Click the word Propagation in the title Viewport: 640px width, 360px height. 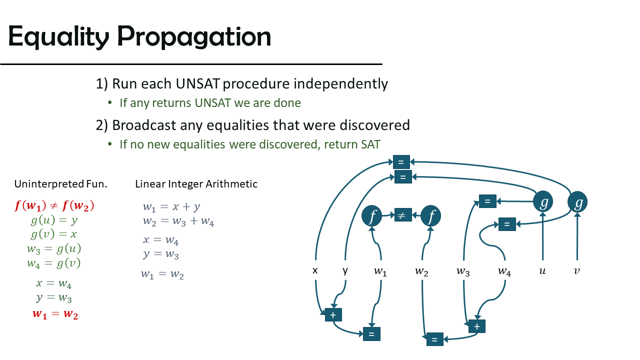(x=194, y=37)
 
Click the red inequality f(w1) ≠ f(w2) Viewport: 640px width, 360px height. (x=54, y=205)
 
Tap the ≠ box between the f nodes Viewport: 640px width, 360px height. (x=403, y=215)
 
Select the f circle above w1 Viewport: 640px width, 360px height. (x=371, y=215)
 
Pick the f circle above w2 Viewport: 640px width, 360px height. (x=430, y=215)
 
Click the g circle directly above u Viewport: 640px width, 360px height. (x=543, y=201)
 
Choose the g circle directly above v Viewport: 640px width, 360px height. (x=577, y=201)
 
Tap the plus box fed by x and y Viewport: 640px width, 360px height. (x=333, y=315)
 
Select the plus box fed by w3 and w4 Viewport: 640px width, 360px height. (x=477, y=326)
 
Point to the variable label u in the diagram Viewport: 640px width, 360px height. (x=542, y=271)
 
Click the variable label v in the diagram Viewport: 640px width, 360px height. (x=577, y=271)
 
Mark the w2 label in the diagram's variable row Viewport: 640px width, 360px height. (x=421, y=271)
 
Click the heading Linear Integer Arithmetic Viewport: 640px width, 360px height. (x=196, y=184)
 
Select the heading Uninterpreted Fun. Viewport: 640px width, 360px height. (x=60, y=184)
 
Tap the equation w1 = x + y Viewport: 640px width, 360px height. (x=171, y=207)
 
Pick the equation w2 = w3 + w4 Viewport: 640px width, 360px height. (x=178, y=221)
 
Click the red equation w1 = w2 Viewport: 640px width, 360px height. (x=55, y=314)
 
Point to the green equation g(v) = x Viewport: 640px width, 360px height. (x=53, y=234)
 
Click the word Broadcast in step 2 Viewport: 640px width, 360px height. (x=144, y=125)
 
